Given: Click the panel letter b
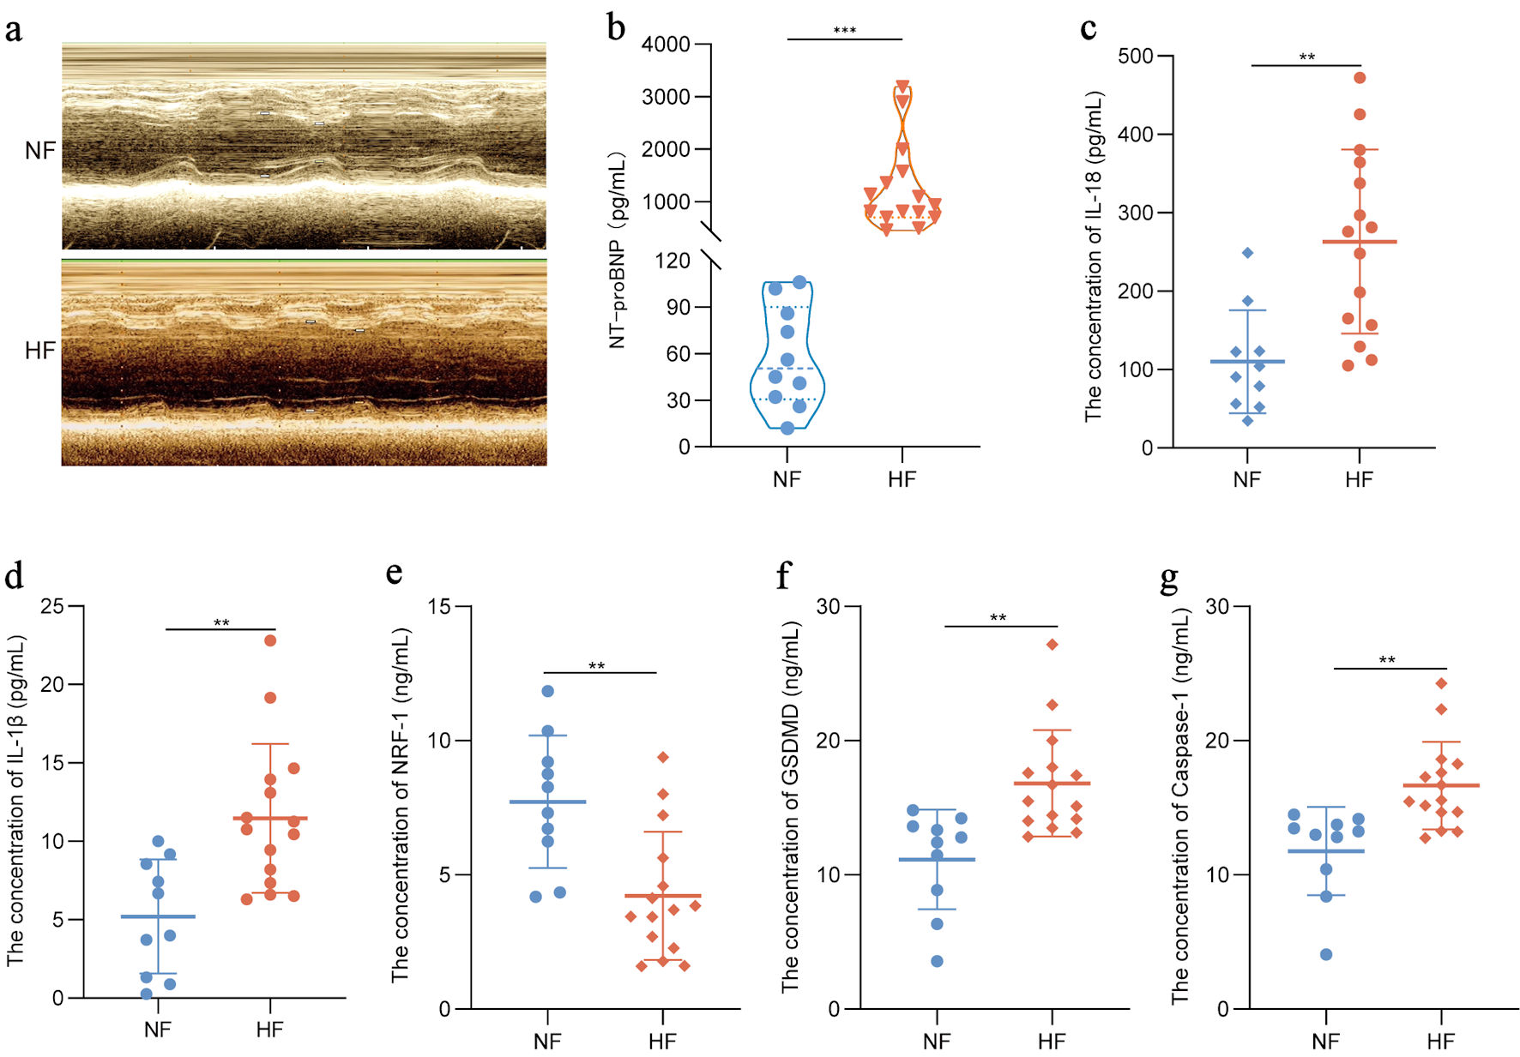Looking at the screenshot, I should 616,27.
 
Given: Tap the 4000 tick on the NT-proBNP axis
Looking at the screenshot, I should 666,44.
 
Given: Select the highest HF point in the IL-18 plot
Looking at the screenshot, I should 1360,78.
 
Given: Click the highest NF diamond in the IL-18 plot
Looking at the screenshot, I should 1248,253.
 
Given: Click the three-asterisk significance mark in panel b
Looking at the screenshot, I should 845,32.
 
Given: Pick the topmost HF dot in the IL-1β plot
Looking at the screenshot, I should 270,640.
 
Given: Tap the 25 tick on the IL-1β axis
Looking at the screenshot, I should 52,607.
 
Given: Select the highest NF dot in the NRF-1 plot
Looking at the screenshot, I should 548,691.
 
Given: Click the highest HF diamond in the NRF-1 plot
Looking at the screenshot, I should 663,757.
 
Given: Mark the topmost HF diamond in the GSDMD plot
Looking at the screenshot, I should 1053,645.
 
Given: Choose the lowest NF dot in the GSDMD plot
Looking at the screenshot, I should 938,961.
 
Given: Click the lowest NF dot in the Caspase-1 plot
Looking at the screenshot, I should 1326,954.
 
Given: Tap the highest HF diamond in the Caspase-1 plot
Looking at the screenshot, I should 1442,683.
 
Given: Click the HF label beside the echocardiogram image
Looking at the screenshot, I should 40,351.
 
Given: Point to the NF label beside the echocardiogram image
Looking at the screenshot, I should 40,151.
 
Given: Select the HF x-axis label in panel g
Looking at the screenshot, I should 1441,1041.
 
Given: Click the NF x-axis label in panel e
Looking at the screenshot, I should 547,1041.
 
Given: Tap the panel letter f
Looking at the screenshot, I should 782,575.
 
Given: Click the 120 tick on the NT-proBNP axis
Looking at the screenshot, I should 673,261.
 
